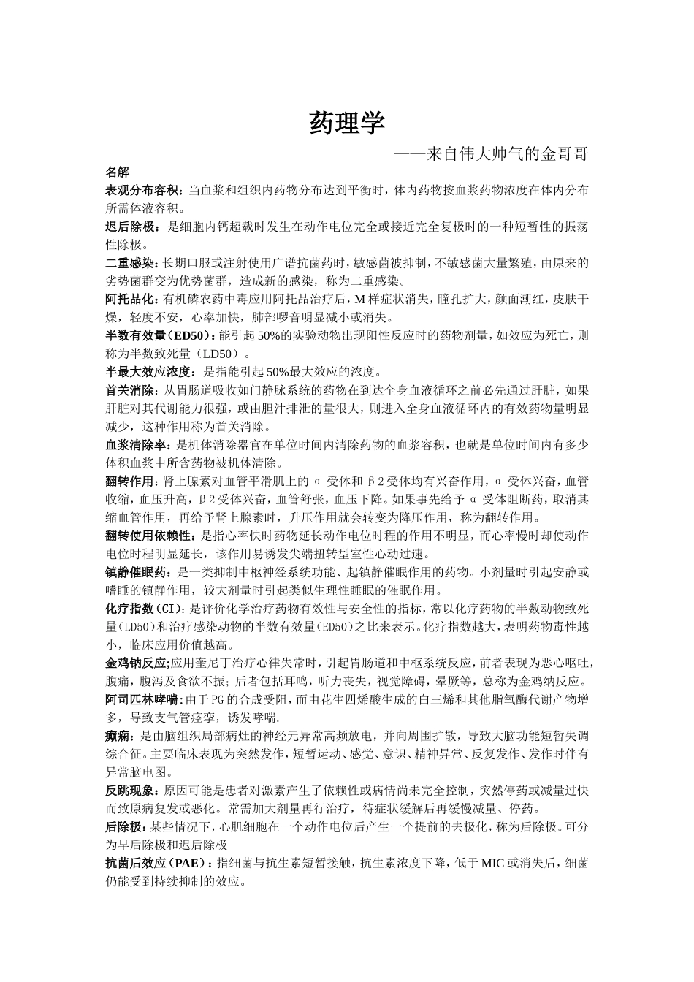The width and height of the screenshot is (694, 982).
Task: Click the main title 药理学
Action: [x=346, y=123]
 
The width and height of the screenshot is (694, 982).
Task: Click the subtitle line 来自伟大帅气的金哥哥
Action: [x=490, y=154]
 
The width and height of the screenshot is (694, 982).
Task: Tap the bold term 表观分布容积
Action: [x=145, y=191]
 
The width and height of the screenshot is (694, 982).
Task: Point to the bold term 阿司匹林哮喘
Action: [x=143, y=699]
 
